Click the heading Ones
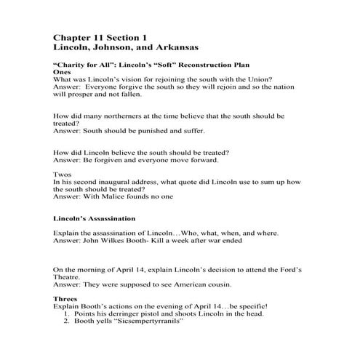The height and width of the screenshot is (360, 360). pos(63,73)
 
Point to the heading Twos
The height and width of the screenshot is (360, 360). pos(64,175)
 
